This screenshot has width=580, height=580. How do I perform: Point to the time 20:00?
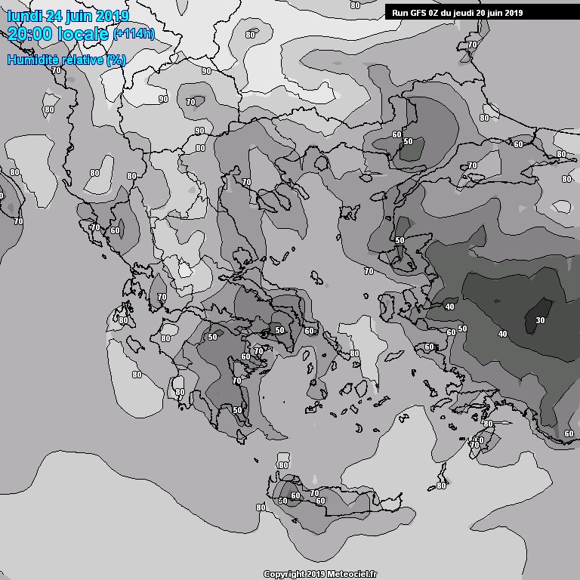pyautogui.click(x=30, y=33)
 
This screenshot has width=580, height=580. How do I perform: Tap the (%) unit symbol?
pyautogui.click(x=116, y=60)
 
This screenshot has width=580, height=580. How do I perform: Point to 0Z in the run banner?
pyautogui.click(x=430, y=13)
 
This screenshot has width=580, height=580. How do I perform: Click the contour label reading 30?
pyautogui.click(x=539, y=320)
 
